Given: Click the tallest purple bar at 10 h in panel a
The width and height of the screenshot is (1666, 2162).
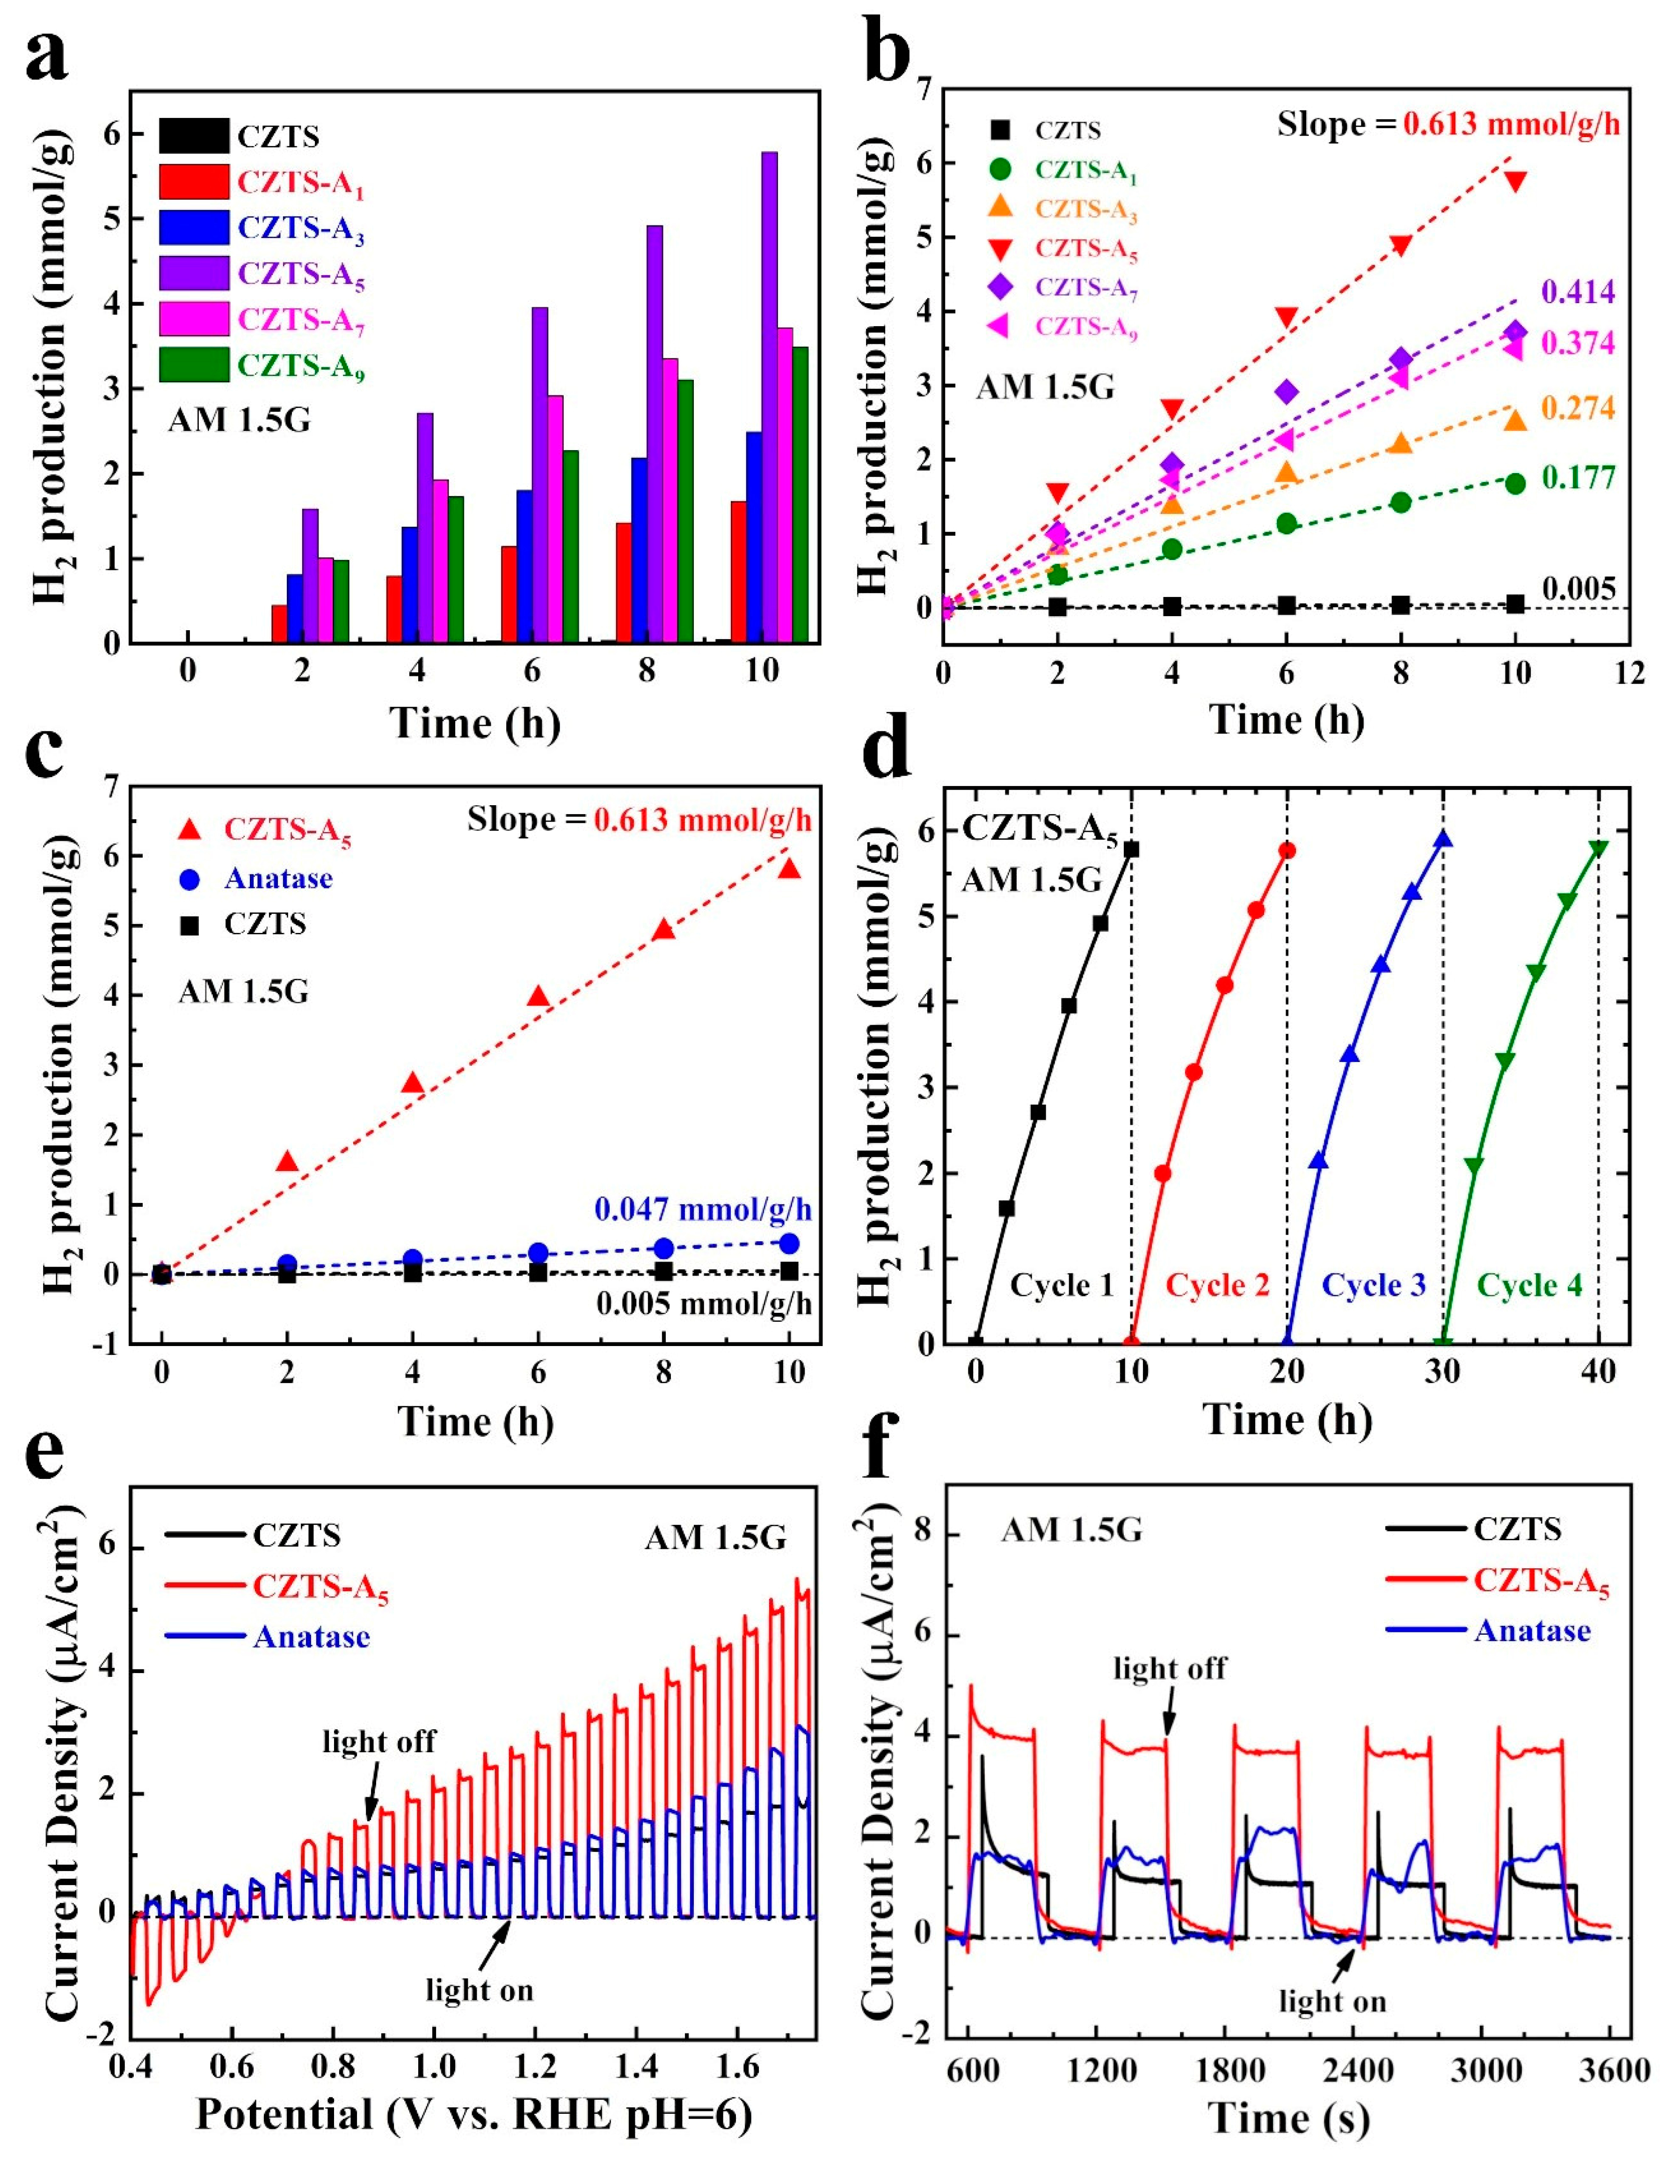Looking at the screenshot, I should (769, 396).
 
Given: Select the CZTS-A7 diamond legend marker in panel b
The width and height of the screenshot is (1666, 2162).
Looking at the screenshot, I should (1000, 287).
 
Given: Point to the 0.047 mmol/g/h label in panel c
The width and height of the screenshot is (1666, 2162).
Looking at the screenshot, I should (703, 1208).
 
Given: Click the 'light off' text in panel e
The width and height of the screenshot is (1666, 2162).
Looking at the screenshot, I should (379, 1741).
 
